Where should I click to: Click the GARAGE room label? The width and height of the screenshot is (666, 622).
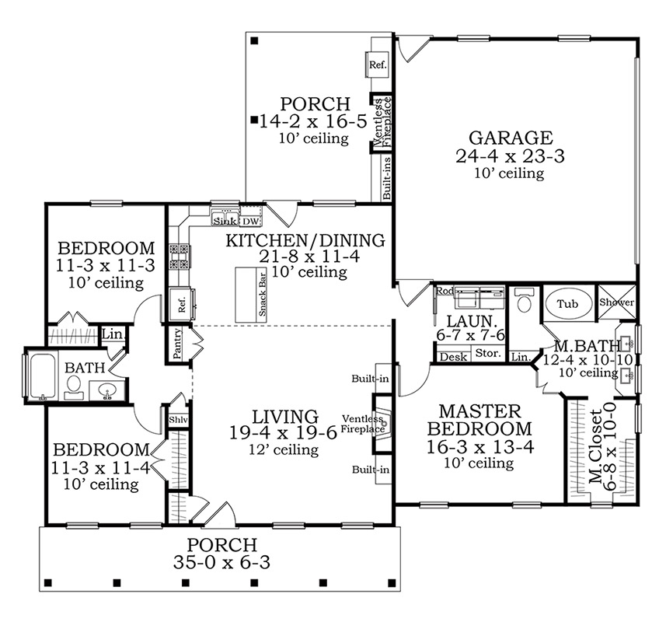[511, 138]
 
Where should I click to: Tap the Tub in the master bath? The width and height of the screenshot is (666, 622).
[568, 304]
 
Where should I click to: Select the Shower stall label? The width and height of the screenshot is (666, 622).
[617, 302]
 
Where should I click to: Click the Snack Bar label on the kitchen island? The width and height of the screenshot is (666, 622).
[262, 294]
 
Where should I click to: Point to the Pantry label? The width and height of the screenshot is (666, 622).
[177, 343]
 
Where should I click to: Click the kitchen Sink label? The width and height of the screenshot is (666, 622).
[225, 222]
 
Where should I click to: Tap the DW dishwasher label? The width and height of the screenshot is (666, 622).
[250, 222]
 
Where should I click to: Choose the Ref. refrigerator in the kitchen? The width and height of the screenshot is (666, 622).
[182, 304]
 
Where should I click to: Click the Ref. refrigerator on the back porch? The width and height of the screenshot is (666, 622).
[377, 65]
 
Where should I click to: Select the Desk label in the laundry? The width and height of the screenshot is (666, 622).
[453, 357]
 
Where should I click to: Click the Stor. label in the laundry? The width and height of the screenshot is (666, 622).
[488, 353]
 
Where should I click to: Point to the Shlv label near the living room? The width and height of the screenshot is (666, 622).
[179, 420]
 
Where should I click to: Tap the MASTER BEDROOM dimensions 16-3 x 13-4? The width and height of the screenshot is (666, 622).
[479, 446]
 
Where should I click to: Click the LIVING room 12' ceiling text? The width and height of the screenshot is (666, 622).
[284, 449]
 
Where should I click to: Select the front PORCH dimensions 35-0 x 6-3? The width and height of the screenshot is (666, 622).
[221, 562]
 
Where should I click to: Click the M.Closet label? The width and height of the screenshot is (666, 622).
[596, 447]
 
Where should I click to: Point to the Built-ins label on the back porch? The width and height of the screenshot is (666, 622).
[386, 179]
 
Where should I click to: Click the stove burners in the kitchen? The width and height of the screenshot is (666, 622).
[180, 257]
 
